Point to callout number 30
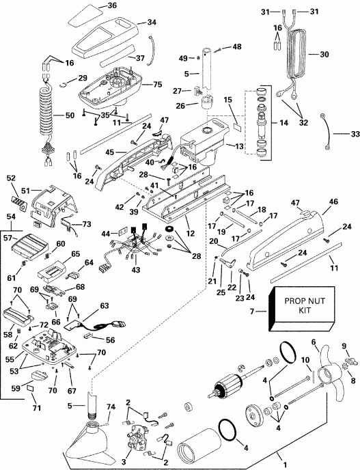click(324, 54)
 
